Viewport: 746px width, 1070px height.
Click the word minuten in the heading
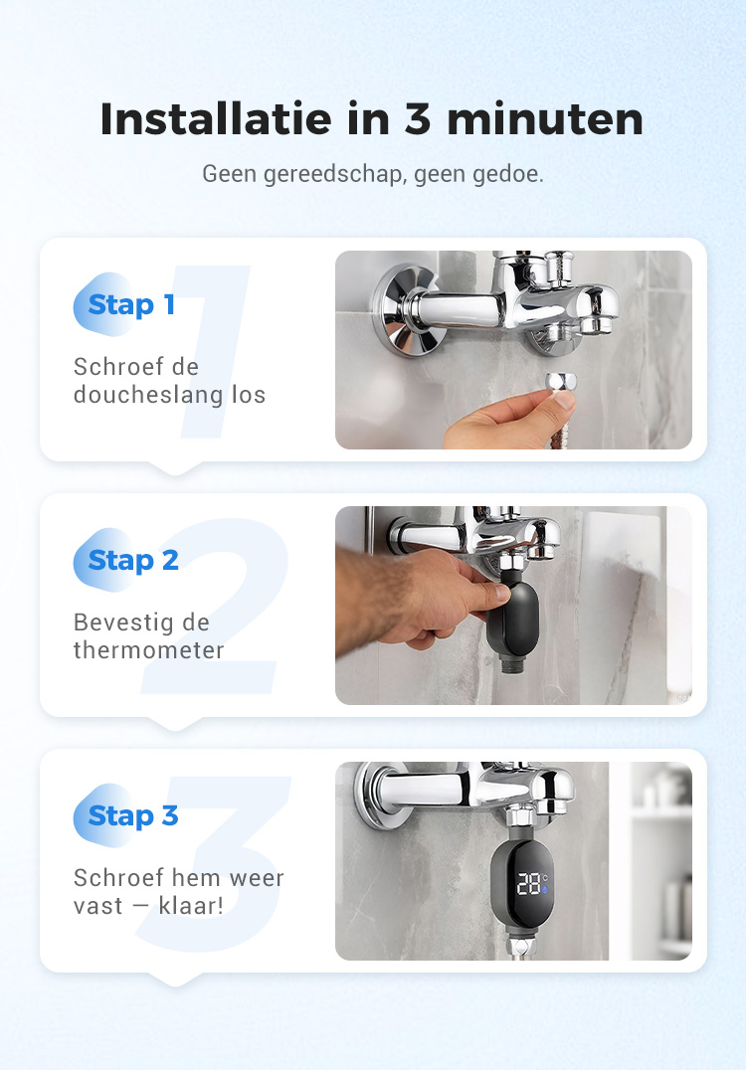click(545, 120)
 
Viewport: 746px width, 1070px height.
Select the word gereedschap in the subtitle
click(333, 174)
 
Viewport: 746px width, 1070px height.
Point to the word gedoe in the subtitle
click(507, 174)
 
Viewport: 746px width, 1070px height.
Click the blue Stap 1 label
click(131, 304)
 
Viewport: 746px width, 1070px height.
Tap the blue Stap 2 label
click(133, 560)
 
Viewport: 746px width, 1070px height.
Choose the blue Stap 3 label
click(133, 815)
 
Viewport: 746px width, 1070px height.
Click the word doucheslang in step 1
click(148, 395)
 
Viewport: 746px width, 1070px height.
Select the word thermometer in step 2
click(149, 649)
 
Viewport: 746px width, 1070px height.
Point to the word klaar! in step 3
click(191, 906)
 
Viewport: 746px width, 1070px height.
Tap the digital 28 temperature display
click(530, 883)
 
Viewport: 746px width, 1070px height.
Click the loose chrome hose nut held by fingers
click(561, 382)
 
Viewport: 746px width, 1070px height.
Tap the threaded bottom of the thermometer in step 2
click(512, 663)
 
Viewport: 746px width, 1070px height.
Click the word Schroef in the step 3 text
click(118, 877)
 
